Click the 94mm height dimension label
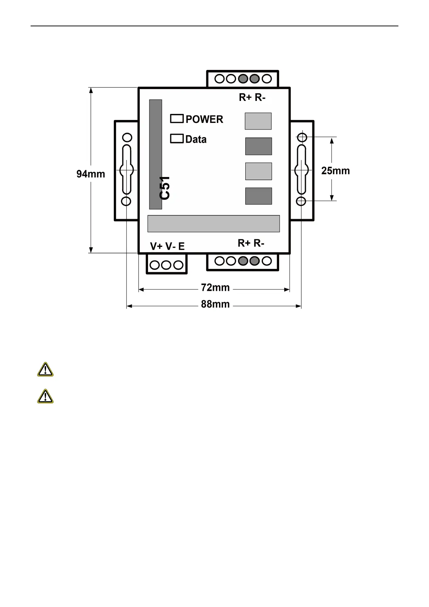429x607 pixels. tap(91, 174)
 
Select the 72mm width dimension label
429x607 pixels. tap(215, 288)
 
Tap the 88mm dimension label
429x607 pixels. tap(215, 304)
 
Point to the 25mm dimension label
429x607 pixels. tap(335, 171)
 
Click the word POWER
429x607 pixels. tap(204, 119)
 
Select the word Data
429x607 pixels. tap(196, 139)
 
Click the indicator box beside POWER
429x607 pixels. tap(177, 119)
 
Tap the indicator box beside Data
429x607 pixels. tap(177, 139)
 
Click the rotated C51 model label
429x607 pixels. tap(165, 188)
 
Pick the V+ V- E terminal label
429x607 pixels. tap(167, 246)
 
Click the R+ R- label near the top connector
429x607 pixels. tap(252, 97)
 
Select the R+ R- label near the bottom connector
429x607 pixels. tap(251, 243)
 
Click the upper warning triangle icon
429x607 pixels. tap(45, 370)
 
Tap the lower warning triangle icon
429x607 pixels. tap(45, 396)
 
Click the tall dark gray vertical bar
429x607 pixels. tap(156, 154)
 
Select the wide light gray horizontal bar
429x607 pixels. tap(214, 223)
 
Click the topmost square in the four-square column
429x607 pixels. tap(258, 121)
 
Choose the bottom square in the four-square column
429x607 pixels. tap(259, 196)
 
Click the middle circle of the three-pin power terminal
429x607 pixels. tap(166, 265)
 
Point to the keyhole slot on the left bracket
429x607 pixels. tap(126, 169)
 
